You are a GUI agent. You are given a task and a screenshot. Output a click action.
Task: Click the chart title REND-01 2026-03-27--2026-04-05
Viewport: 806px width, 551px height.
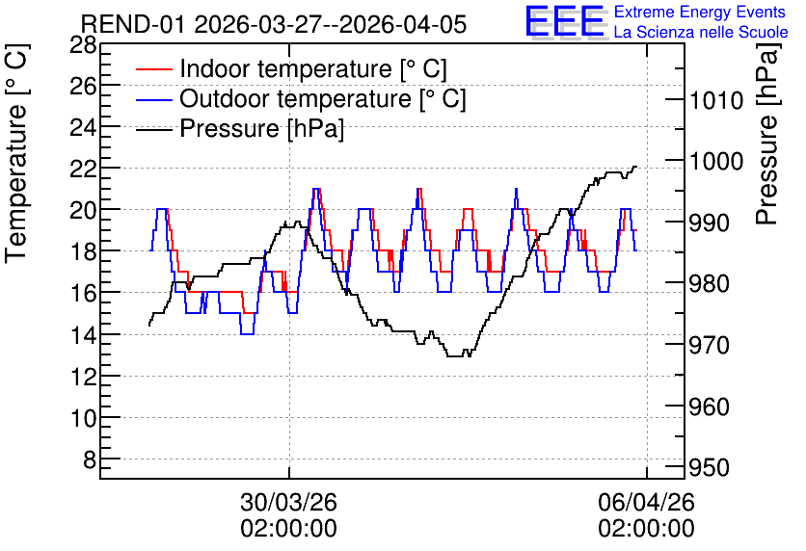coord(274,24)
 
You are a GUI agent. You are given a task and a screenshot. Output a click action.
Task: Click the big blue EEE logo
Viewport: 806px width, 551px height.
coord(565,21)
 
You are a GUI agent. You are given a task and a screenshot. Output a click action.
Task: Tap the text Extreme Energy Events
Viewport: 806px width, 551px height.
coord(700,12)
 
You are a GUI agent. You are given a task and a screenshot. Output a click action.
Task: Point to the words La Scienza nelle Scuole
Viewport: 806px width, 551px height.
coord(701,33)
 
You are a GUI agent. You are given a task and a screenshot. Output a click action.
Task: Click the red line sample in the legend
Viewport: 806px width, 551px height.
coord(153,69)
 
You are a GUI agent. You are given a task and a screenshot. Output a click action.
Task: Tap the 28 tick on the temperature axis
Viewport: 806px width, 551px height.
coord(83,45)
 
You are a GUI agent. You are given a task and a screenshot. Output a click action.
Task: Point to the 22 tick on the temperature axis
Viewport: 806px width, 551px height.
coord(83,169)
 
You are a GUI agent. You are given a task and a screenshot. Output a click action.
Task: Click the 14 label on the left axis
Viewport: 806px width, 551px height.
coord(83,335)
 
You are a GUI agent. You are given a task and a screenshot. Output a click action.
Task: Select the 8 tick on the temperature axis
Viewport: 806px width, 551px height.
coord(90,459)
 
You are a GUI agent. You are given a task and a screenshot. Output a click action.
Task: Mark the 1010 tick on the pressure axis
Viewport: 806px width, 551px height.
coord(716,100)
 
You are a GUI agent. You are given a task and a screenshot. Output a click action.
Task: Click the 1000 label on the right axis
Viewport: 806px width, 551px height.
coord(716,162)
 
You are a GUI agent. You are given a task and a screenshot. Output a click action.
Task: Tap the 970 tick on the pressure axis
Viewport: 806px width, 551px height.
coord(710,346)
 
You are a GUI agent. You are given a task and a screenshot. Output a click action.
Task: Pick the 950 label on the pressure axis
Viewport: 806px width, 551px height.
coord(710,468)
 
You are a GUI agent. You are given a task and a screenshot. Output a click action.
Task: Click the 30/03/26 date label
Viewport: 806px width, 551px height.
coord(288,502)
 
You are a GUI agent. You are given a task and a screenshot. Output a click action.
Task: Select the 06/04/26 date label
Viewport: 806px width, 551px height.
coord(646,502)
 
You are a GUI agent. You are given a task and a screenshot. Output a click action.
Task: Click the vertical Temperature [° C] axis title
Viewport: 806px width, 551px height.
coord(16,153)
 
